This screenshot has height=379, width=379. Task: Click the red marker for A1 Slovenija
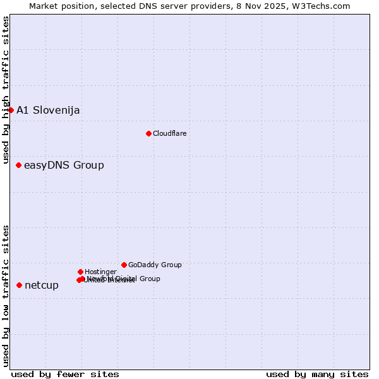tap(11, 110)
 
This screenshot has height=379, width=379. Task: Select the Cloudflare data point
tap(148, 133)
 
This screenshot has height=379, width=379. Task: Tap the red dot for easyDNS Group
tap(18, 165)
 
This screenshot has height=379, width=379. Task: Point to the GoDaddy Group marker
tap(124, 265)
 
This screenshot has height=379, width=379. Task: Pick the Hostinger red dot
tap(80, 272)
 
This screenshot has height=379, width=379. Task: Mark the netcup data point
tap(19, 285)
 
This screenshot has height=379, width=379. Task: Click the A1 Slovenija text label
tap(48, 110)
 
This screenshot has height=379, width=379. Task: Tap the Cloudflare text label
tap(169, 133)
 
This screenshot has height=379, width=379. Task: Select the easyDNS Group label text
tap(64, 165)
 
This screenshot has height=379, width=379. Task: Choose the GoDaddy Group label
tap(155, 265)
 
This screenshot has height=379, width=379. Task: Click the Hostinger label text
tap(100, 272)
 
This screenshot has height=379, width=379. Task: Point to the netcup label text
tap(42, 285)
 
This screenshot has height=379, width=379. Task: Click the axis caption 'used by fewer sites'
tap(65, 374)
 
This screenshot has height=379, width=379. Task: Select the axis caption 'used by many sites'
tap(317, 374)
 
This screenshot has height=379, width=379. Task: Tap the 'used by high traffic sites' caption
tap(6, 90)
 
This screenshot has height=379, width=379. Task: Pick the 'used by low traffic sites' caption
tap(6, 295)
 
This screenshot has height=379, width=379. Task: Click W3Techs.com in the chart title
tap(325, 6)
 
